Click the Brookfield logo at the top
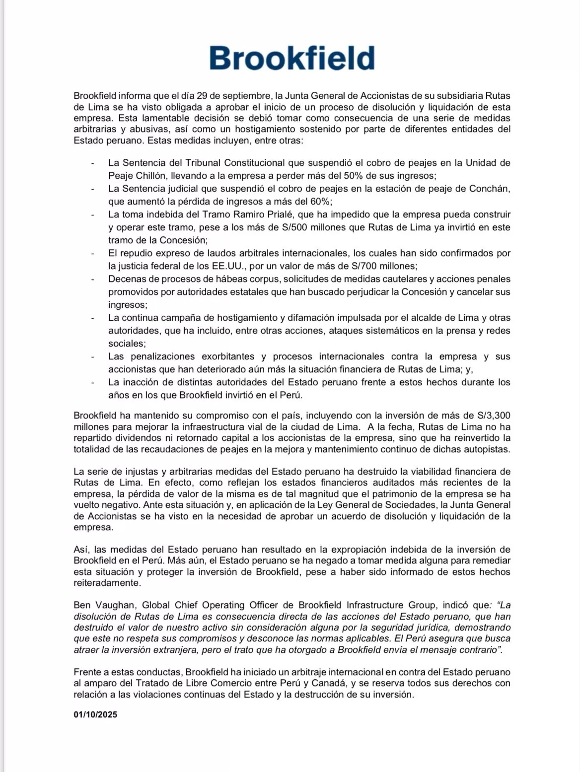coord(291,59)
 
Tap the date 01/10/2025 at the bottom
coord(95,715)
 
